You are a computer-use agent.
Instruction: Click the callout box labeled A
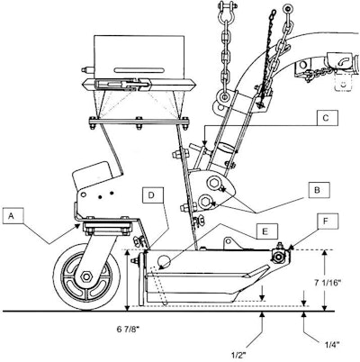click(13, 216)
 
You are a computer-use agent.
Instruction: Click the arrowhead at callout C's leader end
click(205, 147)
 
